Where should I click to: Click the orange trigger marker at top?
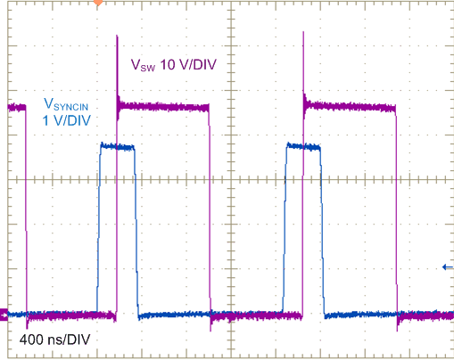[98, 3]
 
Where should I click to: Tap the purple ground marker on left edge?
[4, 314]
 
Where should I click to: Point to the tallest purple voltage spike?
[118, 40]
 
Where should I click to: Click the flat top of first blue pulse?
[117, 146]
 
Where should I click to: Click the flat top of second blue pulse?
[302, 148]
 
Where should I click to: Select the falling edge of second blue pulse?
[323, 232]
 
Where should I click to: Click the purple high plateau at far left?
[12, 108]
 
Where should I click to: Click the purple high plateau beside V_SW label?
[165, 106]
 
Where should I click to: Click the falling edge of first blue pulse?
[136, 232]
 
